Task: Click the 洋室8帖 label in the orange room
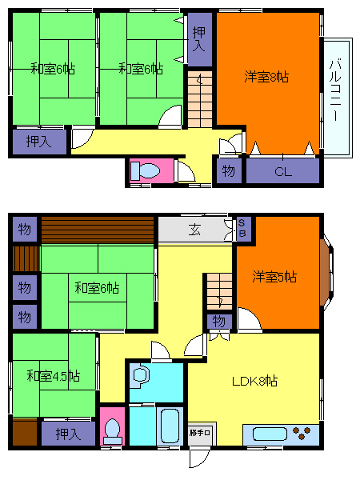(266, 78)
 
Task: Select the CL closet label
(282, 171)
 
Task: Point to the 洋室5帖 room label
(274, 278)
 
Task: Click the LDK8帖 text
(254, 382)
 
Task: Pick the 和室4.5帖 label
(52, 375)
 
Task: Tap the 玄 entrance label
(194, 230)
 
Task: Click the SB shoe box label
(242, 228)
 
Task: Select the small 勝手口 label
(200, 433)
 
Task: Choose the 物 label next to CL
(228, 171)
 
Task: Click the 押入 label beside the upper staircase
(200, 38)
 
